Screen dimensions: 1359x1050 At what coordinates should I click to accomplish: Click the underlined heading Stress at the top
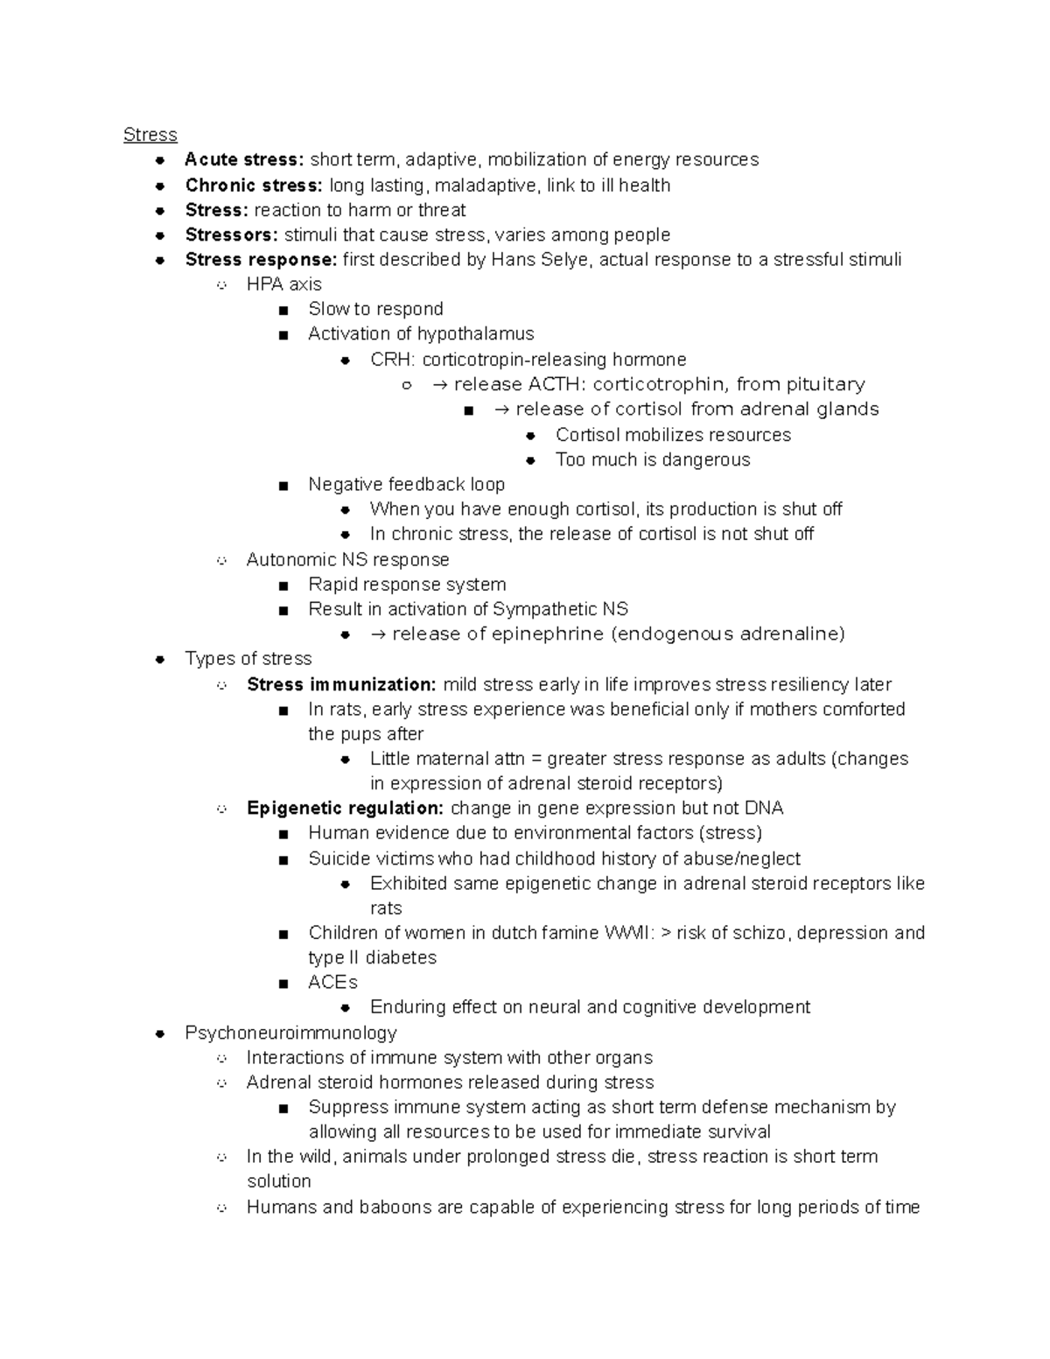[150, 135]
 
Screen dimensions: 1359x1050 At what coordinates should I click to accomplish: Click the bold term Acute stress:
[244, 159]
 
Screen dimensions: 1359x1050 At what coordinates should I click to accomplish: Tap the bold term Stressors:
[231, 235]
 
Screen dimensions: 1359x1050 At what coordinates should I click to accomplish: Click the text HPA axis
[283, 284]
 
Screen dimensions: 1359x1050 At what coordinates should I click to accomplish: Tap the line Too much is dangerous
[652, 459]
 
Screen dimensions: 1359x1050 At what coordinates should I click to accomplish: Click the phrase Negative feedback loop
[406, 484]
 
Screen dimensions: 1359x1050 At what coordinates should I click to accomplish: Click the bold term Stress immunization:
[341, 684]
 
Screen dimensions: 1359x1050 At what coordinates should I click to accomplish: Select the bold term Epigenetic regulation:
[345, 808]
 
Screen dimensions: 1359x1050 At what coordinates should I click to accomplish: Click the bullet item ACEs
[332, 982]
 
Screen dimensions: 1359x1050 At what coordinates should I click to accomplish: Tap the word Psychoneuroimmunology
[290, 1033]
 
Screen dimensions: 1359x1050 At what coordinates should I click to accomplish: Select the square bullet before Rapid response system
[283, 585]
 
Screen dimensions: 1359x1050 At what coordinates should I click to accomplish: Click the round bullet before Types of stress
[159, 659]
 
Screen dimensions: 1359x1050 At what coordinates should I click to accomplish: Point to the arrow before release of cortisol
[501, 410]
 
